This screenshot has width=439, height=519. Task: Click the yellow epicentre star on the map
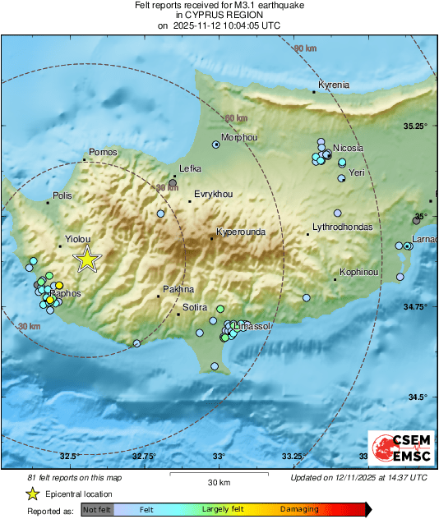coord(87,259)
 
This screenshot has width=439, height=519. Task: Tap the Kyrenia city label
coord(334,85)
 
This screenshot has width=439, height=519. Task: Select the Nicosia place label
coord(348,148)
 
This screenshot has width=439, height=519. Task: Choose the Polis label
coord(62,196)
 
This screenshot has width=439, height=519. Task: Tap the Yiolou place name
coord(79,243)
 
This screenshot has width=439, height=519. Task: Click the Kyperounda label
coord(241,232)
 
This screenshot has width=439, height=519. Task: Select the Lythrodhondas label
coord(343,227)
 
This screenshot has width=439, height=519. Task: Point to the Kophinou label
coord(359,272)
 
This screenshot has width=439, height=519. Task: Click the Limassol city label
coord(252,327)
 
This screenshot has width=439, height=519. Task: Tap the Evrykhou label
coord(213,194)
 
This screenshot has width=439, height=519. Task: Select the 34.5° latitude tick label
coord(419,397)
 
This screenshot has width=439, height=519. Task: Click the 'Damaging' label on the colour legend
coord(299,510)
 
